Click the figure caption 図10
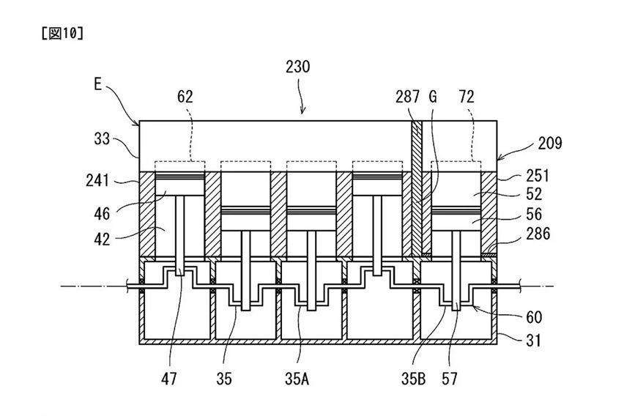click(62, 34)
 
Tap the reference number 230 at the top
click(297, 67)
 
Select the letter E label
click(98, 84)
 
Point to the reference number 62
click(185, 97)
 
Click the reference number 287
click(407, 97)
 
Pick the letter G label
click(433, 97)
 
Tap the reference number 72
click(466, 97)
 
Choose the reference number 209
click(550, 143)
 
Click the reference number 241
click(97, 180)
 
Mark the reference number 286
click(538, 234)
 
